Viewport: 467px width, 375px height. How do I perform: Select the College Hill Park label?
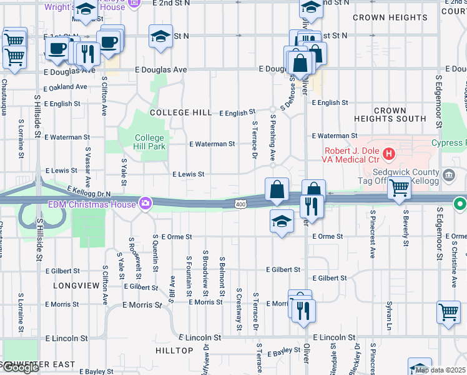(x=150, y=142)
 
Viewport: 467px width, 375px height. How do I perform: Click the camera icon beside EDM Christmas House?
(x=145, y=202)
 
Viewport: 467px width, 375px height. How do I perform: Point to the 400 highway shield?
(x=240, y=204)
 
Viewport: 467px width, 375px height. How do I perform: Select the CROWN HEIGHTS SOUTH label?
(x=390, y=114)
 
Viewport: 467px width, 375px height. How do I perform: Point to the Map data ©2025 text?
(x=440, y=370)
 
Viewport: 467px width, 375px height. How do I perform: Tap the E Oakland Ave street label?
(x=66, y=87)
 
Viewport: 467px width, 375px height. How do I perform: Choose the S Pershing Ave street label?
(x=273, y=141)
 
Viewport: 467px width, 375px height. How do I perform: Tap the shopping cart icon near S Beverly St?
(x=399, y=187)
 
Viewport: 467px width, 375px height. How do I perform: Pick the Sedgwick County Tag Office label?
(x=406, y=176)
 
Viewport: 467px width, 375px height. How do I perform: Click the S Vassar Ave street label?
(x=88, y=167)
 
